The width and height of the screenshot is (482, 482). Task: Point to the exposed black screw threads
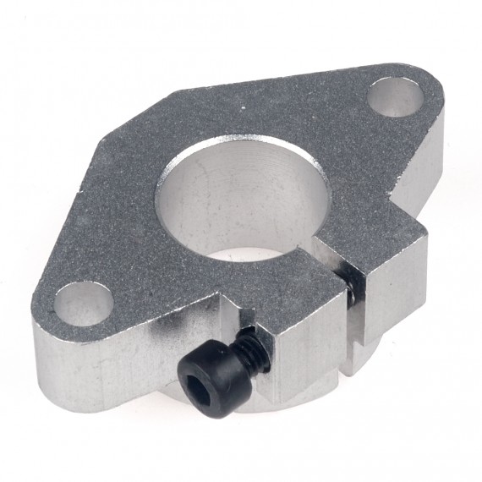click(x=244, y=342)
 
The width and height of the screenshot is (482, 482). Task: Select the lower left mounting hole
click(x=84, y=302)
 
